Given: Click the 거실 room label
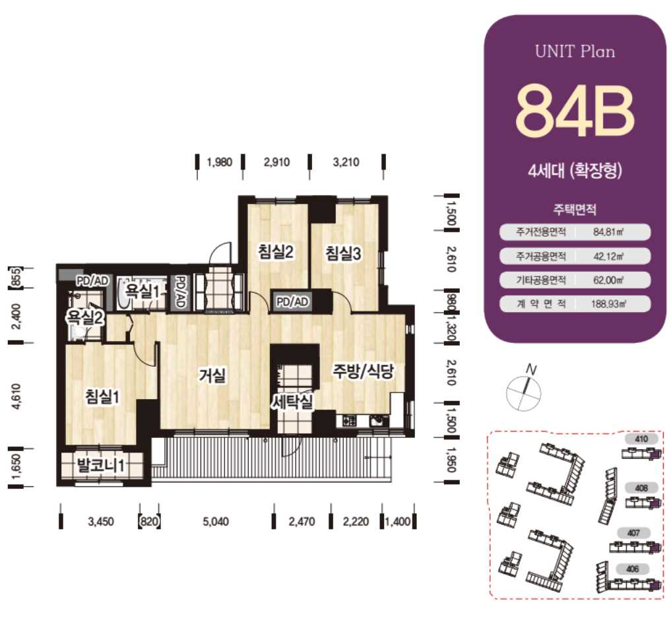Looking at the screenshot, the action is [x=212, y=375].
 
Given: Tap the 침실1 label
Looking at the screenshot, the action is [x=103, y=396].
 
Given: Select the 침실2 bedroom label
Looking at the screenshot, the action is [x=276, y=251].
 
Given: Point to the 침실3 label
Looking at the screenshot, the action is [x=343, y=253].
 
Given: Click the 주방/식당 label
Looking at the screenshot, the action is [x=364, y=371].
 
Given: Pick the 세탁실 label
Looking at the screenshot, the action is [x=293, y=401].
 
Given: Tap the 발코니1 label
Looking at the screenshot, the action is [x=100, y=465].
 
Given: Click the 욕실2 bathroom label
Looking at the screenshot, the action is [x=85, y=317].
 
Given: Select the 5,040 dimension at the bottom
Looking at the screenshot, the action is [x=216, y=522].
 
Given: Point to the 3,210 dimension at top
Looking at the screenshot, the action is [x=346, y=162].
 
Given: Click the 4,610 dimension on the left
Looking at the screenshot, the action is [x=16, y=396].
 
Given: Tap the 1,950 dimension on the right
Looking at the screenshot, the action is [x=451, y=460].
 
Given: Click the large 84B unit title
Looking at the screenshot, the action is [x=574, y=111].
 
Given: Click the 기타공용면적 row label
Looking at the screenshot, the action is [x=541, y=280].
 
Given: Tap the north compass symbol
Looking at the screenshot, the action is [x=525, y=389].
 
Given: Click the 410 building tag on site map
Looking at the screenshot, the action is [x=641, y=439].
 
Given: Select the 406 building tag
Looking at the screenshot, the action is [x=633, y=569].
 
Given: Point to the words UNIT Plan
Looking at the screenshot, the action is [x=575, y=51].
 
